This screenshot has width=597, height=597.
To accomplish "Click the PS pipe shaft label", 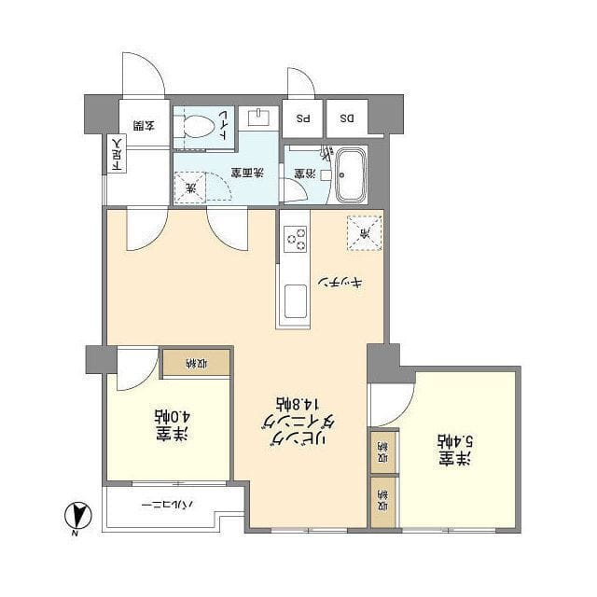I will click(x=303, y=118).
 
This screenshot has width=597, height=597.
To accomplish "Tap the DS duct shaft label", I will click(x=346, y=118).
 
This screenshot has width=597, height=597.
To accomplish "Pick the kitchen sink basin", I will click(x=296, y=303).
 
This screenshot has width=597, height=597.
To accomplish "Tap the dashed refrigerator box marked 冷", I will click(x=365, y=233).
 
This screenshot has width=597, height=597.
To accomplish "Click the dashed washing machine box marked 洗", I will click(x=192, y=188).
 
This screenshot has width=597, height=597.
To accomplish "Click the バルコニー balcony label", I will click(x=168, y=505).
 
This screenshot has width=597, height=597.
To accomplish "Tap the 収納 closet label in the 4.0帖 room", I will click(x=196, y=362).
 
